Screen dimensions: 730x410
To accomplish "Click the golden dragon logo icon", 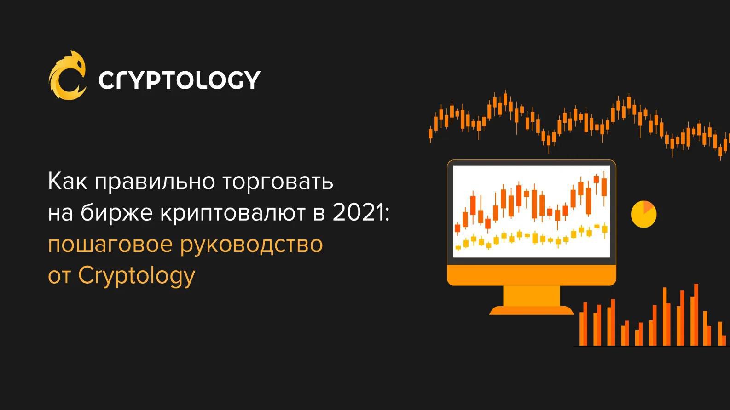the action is (68, 75).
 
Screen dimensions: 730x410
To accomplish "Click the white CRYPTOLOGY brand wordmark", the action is (179, 80).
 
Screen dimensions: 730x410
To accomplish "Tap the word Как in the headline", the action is (68, 182).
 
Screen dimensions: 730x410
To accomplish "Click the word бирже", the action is (116, 214).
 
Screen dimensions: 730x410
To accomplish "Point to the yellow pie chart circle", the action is (643, 214).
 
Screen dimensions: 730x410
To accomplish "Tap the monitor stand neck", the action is (532, 296).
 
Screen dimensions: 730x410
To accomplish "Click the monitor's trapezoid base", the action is (532, 310).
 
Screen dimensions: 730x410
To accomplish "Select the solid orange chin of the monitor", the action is (532, 275).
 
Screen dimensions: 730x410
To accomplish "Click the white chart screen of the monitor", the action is (532, 211).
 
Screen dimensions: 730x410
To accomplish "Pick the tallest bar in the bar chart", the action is (696, 314).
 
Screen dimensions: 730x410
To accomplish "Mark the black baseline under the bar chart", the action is (651, 346).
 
